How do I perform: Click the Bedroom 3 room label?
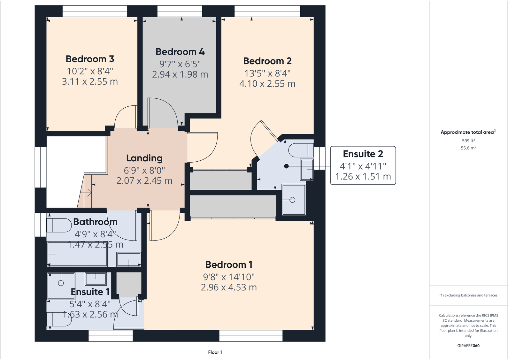tap(90, 59)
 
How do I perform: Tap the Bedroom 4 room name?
tap(180, 52)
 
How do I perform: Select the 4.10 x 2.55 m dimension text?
tap(267, 84)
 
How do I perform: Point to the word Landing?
tap(144, 158)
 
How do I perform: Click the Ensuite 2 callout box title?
tap(363, 154)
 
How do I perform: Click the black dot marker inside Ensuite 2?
tap(286, 166)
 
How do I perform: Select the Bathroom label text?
tap(95, 222)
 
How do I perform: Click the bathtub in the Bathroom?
tap(77, 254)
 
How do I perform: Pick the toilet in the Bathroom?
tap(59, 225)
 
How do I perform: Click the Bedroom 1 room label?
tap(229, 264)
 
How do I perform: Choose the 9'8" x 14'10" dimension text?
tap(229, 277)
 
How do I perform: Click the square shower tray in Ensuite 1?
tap(61, 285)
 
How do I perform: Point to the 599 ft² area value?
tap(468, 141)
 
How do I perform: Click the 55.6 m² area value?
tap(468, 148)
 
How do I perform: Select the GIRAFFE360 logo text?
tap(468, 346)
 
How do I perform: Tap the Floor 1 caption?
tap(215, 352)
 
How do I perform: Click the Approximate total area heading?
tap(467, 132)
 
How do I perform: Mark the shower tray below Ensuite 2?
tap(294, 200)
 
